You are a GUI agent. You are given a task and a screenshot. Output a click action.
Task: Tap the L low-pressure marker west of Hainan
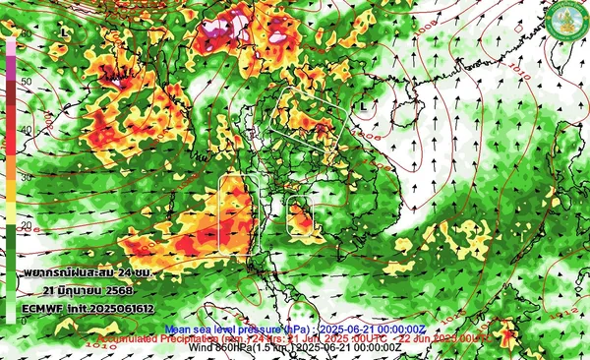click(x=363, y=104)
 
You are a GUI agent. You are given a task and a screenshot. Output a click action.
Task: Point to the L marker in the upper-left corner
click(x=64, y=31)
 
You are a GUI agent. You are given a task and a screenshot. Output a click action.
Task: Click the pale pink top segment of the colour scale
click(x=10, y=45)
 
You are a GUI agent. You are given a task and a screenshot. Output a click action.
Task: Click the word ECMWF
click(x=46, y=307)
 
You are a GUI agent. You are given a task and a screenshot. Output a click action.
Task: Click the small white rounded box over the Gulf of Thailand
click(x=300, y=213)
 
